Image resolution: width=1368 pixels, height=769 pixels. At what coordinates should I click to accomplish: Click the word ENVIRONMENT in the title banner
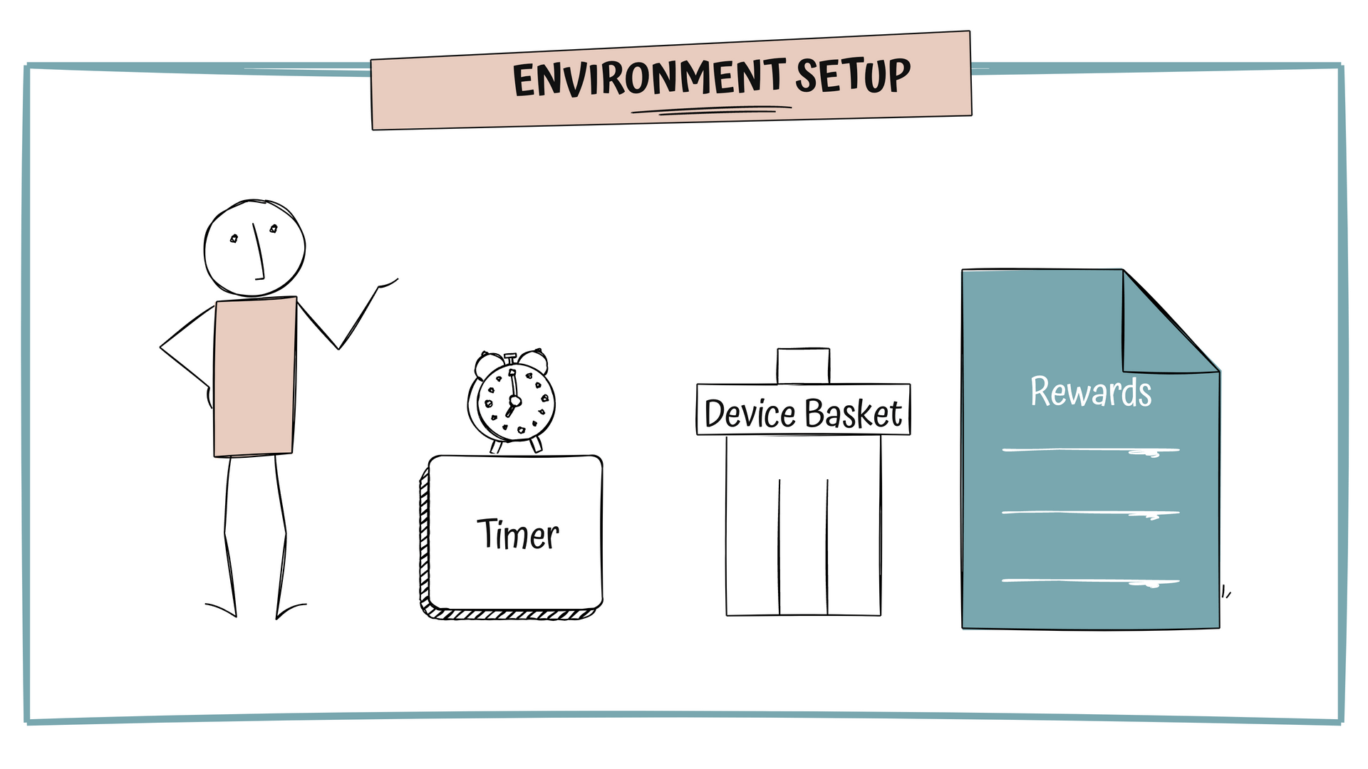click(648, 78)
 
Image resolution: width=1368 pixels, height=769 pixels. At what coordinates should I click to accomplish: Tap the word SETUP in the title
click(852, 75)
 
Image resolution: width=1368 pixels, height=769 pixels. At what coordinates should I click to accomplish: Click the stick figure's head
click(254, 248)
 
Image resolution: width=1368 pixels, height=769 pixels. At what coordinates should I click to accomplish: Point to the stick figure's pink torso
click(254, 377)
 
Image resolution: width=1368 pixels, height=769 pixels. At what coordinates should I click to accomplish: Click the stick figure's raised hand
click(388, 284)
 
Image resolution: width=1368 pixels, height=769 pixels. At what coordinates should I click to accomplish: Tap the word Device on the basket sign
click(750, 414)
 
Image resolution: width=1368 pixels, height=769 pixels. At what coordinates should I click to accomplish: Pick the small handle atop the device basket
click(803, 366)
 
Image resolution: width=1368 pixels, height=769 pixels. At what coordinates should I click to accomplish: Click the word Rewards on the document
click(1090, 392)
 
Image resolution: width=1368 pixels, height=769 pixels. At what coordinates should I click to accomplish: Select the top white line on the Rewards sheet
click(1090, 450)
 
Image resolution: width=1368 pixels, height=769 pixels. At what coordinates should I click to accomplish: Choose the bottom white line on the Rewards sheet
click(1090, 582)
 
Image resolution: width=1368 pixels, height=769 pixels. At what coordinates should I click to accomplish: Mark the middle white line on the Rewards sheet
click(1090, 513)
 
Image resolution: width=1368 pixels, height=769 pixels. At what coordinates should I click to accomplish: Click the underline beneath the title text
click(711, 110)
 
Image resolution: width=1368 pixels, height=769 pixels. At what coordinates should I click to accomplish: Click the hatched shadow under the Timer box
click(509, 614)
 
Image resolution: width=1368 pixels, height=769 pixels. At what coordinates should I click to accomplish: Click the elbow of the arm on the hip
click(162, 347)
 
